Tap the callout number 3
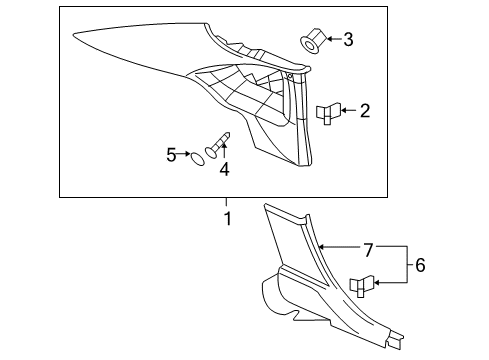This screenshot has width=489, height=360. tap(347, 40)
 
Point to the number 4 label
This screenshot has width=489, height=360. tap(224, 170)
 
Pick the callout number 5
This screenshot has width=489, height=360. tap(171, 154)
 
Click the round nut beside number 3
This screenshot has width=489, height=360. tap(309, 41)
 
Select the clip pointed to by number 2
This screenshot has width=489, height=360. tap(328, 113)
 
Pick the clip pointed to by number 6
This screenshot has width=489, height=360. tap(362, 286)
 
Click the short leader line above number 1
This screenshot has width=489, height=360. tap(227, 202)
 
